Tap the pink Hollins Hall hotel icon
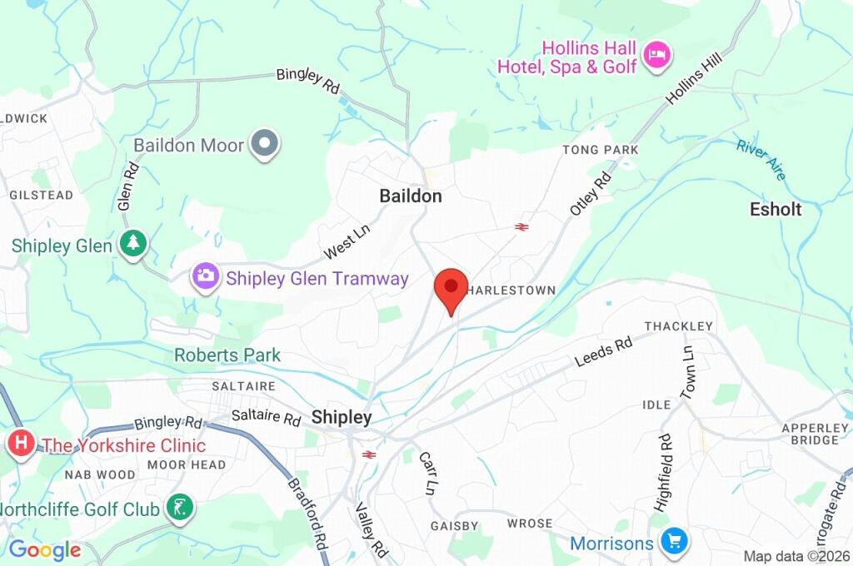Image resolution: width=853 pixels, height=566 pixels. pos(658,56)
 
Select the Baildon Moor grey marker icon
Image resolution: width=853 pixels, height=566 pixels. pos(266,144)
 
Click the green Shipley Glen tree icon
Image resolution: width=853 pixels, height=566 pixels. pos(132,245)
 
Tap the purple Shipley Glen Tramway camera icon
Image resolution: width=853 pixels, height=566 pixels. pos(205,276)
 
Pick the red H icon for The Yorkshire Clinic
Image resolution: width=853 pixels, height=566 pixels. pos(20,444)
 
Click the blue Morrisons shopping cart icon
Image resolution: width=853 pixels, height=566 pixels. pos(673,543)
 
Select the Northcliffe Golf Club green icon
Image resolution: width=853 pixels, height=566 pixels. pos(179,507)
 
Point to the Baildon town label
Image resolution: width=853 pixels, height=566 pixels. pos(411,196)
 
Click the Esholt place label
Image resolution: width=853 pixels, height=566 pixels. pos(775,209)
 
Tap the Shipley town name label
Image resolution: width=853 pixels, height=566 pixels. pos(342,418)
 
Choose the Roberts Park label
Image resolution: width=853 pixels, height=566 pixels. pos(227,355)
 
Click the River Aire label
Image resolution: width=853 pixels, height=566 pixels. pos(761,159)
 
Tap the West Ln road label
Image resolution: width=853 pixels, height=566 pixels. pos(347,241)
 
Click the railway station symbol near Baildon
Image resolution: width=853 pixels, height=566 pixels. pos(522,226)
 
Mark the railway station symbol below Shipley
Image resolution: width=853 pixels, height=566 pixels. pos(370,454)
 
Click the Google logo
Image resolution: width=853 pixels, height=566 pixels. pos(45,550)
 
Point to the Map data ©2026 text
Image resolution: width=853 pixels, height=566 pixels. pos(796,556)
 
